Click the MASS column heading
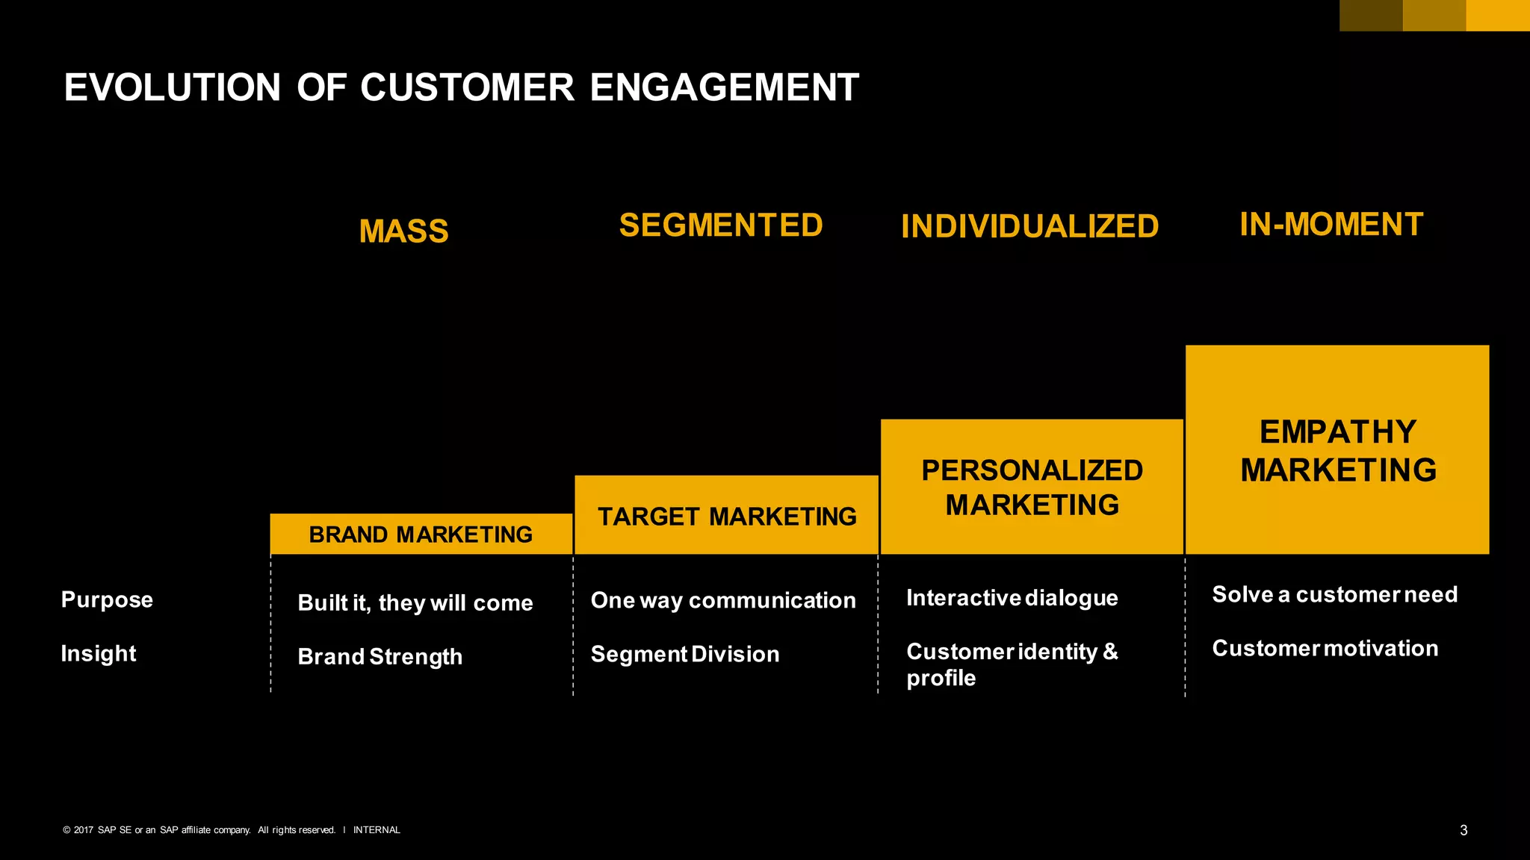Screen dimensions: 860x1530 pyautogui.click(x=403, y=231)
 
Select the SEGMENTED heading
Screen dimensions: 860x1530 pyautogui.click(x=721, y=225)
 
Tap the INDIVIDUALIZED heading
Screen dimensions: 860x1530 pyautogui.click(x=1029, y=227)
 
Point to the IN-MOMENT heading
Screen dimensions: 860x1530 pyautogui.click(x=1331, y=225)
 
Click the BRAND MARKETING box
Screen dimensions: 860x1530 pyautogui.click(x=421, y=535)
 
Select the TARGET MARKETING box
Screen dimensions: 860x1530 pyautogui.click(x=727, y=516)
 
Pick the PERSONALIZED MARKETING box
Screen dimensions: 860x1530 pyautogui.click(x=1032, y=487)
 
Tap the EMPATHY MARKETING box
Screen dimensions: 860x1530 pyautogui.click(x=1337, y=450)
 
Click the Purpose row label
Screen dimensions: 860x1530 pyautogui.click(x=107, y=599)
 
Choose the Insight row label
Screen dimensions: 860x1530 pyautogui.click(x=99, y=653)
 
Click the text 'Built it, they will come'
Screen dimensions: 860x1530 pyautogui.click(x=415, y=602)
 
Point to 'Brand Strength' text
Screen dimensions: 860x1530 pyautogui.click(x=380, y=656)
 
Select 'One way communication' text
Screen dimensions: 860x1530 pyautogui.click(x=723, y=600)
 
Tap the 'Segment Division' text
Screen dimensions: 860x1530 pyautogui.click(x=685, y=654)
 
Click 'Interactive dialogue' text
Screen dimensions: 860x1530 pyautogui.click(x=1012, y=598)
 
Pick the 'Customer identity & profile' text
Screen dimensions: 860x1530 pyautogui.click(x=1012, y=664)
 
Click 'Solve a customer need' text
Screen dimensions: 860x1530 pyautogui.click(x=1335, y=594)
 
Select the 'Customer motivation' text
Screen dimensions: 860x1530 pyautogui.click(x=1325, y=648)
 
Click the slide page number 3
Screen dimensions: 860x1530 pyautogui.click(x=1464, y=830)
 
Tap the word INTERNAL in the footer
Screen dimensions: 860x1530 pyautogui.click(x=377, y=830)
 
